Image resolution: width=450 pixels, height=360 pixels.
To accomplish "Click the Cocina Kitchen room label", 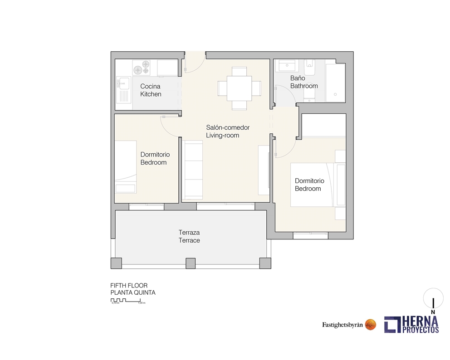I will tap(150, 90).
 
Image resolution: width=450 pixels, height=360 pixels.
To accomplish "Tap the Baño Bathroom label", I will tap(304, 82).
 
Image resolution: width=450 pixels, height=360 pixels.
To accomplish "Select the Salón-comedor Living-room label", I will tap(228, 131).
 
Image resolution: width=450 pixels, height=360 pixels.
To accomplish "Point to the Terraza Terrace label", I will tap(189, 236).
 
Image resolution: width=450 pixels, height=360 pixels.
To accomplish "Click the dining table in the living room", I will tap(239, 88).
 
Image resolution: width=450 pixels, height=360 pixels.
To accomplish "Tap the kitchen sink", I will tap(122, 91).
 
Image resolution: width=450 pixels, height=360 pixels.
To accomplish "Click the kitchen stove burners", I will tap(142, 68).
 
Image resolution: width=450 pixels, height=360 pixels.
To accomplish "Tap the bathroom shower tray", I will tap(335, 82).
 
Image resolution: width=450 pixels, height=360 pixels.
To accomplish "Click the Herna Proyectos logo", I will tap(411, 324).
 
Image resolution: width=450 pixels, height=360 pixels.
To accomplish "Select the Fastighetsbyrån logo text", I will tap(342, 325).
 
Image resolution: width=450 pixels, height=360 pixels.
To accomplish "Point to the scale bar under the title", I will tap(128, 301).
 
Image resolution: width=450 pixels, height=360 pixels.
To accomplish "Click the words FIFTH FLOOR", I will tap(129, 286).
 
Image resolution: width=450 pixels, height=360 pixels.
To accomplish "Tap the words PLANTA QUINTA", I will tap(133, 292).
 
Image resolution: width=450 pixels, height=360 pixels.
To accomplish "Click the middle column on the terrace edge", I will tap(191, 263).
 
